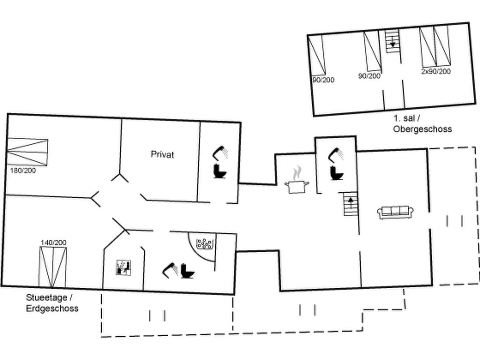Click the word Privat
(162, 154)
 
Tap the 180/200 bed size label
(23, 171)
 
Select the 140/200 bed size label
(53, 243)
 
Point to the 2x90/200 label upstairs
(436, 71)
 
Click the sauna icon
(124, 268)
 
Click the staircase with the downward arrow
(392, 41)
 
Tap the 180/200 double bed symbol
(27, 152)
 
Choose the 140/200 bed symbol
(53, 266)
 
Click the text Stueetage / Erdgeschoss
(52, 303)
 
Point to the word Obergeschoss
(422, 129)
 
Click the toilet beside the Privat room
(220, 171)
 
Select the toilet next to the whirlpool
(187, 271)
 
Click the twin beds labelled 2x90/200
(435, 46)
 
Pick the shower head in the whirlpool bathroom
(171, 270)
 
